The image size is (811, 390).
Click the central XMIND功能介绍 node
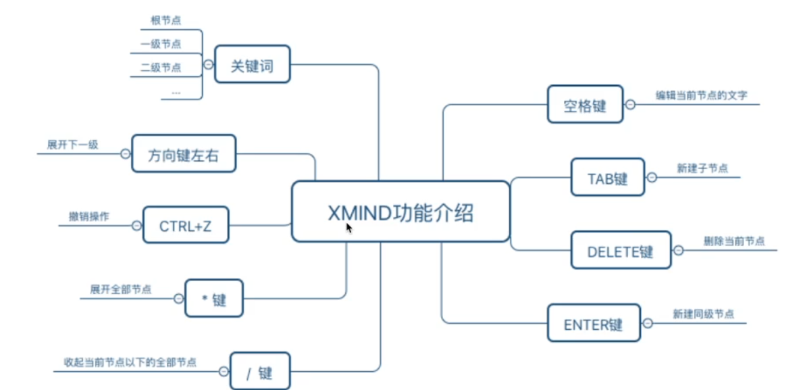click(400, 212)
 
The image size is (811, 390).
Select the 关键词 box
click(252, 64)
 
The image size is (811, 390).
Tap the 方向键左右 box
click(183, 153)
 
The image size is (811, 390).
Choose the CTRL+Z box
click(186, 225)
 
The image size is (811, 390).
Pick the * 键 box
click(214, 299)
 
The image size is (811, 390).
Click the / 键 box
click(260, 370)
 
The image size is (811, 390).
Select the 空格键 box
click(585, 104)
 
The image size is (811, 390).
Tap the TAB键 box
click(608, 178)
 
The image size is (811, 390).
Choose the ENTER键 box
click(593, 324)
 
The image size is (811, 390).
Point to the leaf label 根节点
click(165, 21)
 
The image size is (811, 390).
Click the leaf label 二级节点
click(161, 67)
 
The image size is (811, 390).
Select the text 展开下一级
click(73, 144)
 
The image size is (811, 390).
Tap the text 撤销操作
click(88, 216)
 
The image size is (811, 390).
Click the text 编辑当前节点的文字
click(702, 95)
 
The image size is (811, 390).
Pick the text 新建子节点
click(702, 168)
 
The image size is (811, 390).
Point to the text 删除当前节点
click(734, 241)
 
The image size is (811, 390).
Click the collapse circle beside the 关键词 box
click(207, 65)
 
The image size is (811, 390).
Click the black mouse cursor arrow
click(349, 228)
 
